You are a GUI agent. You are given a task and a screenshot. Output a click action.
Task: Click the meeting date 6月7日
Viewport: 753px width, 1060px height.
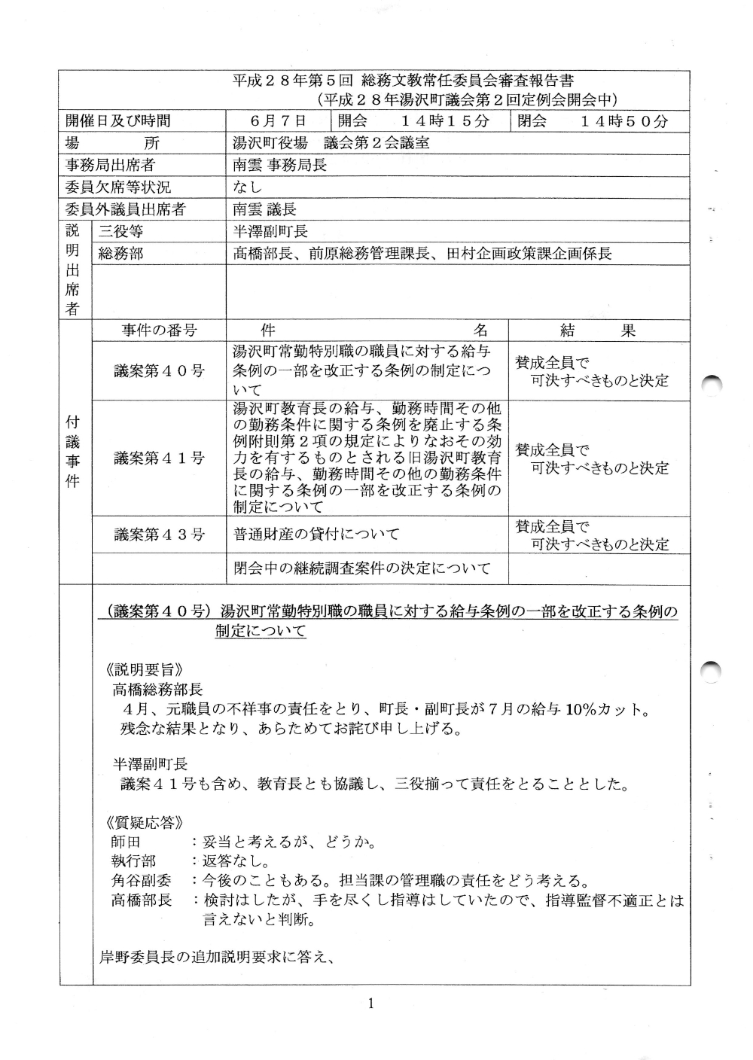[279, 121]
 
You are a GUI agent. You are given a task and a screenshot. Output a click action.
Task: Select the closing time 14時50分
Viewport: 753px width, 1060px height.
[624, 121]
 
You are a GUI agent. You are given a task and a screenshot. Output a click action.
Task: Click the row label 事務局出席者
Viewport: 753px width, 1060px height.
[110, 165]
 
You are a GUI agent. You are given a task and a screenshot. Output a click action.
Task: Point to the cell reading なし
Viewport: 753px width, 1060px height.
[248, 187]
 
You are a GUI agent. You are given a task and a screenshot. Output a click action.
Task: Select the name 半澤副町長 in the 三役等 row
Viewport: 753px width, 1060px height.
[270, 232]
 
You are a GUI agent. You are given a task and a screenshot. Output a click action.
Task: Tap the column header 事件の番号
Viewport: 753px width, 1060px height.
[159, 330]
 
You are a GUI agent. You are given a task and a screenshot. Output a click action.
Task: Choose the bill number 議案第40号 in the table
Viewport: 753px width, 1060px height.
[159, 370]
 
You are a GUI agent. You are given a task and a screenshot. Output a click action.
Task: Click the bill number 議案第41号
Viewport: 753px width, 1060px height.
[159, 458]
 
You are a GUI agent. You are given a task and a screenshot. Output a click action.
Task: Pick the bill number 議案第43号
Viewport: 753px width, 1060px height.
[159, 535]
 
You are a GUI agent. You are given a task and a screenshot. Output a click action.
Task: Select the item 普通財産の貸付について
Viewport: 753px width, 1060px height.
[316, 535]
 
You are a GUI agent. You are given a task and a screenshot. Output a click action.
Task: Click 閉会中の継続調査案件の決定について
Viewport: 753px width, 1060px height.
[362, 568]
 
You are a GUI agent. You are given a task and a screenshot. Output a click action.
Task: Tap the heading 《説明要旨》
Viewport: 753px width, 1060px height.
[144, 669]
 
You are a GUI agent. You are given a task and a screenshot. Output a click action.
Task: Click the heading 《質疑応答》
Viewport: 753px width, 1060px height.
[144, 822]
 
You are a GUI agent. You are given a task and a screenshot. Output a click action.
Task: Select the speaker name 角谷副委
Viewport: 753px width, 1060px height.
[141, 880]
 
